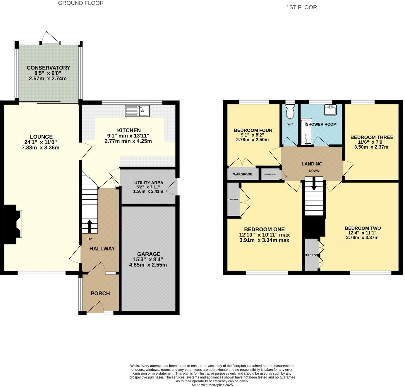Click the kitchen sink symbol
tap(137, 111)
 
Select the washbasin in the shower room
tap(330, 110)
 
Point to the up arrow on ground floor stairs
tap(90, 226)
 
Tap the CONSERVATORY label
tap(48, 68)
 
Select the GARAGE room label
tap(149, 254)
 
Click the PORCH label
tap(100, 293)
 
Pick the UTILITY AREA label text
tap(149, 183)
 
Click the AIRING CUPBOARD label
tap(270, 174)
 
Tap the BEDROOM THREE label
tap(372, 137)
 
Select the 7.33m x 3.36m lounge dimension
tap(41, 147)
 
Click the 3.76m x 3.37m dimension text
tap(362, 237)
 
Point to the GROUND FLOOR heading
tap(81, 3)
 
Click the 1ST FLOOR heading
tap(301, 7)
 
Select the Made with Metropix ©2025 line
tap(212, 385)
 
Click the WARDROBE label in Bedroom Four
tap(242, 174)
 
